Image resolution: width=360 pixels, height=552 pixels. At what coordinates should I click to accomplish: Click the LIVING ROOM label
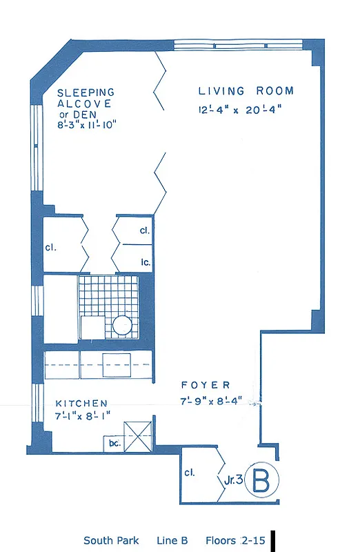tap(246, 91)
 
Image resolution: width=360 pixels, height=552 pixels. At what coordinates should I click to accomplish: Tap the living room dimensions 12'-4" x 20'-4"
tap(239, 108)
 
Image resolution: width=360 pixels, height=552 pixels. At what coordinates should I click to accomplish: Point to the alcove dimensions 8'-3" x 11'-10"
tap(87, 125)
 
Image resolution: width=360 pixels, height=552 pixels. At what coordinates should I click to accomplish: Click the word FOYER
tap(206, 385)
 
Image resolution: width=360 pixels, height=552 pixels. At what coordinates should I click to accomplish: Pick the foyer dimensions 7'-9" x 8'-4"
tap(211, 402)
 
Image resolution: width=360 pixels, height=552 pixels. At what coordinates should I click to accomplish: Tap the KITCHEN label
tap(81, 404)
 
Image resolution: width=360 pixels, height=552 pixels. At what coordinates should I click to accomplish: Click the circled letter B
tap(261, 480)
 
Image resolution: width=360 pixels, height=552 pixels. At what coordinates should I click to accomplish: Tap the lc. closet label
tap(146, 262)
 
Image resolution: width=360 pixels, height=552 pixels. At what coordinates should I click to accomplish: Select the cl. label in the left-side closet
tap(51, 246)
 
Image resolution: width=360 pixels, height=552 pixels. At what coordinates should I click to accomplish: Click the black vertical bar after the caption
tap(274, 540)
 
